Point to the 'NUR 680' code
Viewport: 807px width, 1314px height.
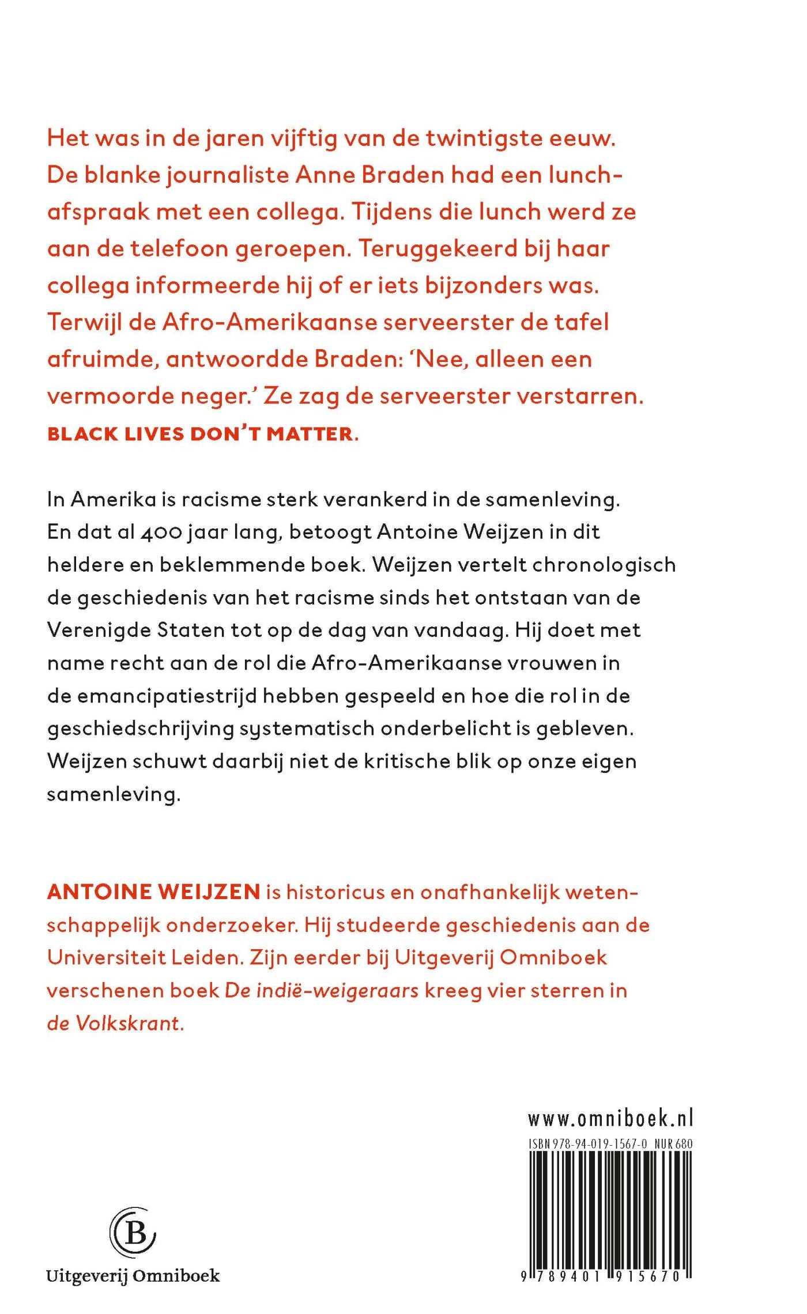click(x=673, y=1144)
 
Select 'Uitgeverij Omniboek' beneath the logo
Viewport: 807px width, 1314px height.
click(x=133, y=1276)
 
